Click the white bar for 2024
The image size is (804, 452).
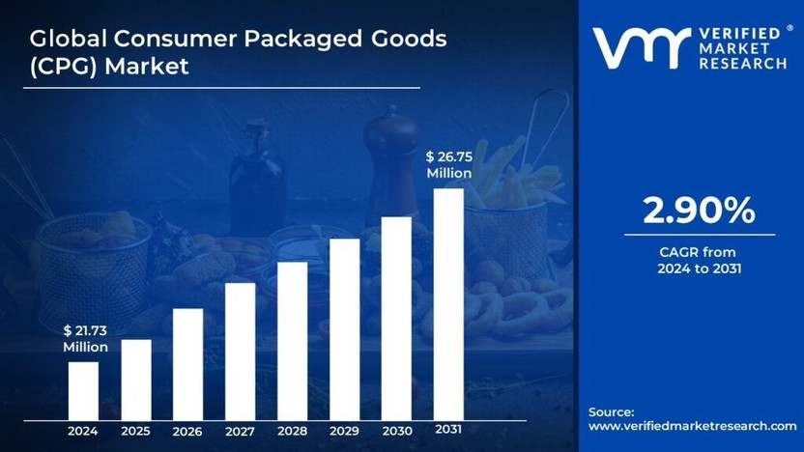point(83,390)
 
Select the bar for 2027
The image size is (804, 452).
point(241,352)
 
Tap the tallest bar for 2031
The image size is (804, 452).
point(448,303)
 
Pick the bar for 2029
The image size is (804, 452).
point(344,329)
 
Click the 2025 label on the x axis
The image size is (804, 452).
point(135,431)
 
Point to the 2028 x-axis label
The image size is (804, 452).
point(292,431)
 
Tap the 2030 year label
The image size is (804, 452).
point(396,431)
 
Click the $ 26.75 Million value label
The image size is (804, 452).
point(449,165)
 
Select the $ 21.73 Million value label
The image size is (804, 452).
point(85,338)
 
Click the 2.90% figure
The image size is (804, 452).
point(699,210)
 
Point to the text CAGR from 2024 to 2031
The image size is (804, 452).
point(699,260)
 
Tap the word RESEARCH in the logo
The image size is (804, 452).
point(742,64)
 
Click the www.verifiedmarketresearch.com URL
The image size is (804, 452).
point(692,426)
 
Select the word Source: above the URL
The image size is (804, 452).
point(612,411)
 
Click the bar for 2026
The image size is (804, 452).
point(187,364)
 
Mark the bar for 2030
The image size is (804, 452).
point(396,318)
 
